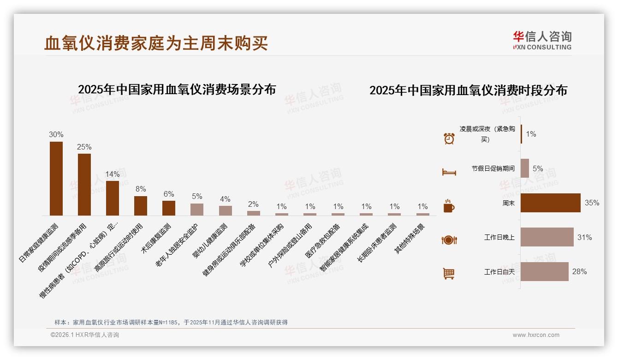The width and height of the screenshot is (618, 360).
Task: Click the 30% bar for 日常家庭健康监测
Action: pos(56,178)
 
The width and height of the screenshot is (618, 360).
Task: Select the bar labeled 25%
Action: pos(84,184)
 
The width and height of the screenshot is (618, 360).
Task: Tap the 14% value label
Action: pos(113,174)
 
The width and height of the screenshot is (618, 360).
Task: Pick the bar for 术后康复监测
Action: pos(169,208)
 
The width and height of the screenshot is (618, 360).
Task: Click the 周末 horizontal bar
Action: pos(550,203)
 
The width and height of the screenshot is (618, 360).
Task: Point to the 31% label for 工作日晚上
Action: pos(584,237)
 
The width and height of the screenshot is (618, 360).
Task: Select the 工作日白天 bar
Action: pos(544,271)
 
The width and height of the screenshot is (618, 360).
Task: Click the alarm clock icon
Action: pos(449,138)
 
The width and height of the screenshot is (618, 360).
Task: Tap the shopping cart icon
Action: pos(449,273)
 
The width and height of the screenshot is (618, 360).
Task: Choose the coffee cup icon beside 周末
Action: pos(449,206)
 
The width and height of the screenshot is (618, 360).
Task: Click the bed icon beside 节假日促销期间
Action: pos(449,172)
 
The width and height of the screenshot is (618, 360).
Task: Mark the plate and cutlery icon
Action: pos(449,240)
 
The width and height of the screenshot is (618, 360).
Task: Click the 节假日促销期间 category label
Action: pos(493,168)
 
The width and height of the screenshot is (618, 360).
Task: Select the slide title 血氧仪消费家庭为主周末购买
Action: pos(156,43)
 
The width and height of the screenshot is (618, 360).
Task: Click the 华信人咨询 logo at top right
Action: pos(542,40)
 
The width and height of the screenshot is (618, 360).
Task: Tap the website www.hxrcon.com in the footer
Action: pos(536,335)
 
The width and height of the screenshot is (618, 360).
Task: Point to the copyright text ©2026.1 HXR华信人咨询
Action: pos(85,335)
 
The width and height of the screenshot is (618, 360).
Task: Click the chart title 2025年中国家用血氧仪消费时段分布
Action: pos(468,90)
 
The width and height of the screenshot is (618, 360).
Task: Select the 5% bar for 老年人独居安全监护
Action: pos(197,209)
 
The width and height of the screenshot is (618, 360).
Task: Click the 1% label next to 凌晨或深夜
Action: pos(531,134)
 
